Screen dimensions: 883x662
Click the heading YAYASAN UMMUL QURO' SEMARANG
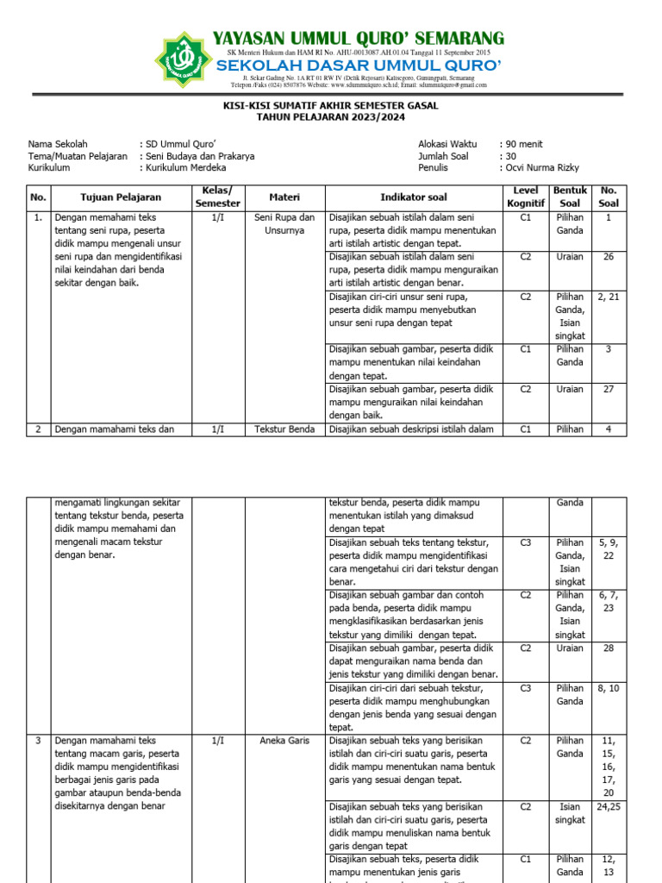[x=359, y=38]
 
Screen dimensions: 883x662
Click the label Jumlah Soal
[x=443, y=156]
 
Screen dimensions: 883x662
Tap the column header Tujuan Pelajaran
[x=121, y=197]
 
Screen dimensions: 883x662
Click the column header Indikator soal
[x=414, y=197]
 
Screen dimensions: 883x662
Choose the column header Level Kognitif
[x=525, y=197]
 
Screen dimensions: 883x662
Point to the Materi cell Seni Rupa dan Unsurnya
[x=284, y=224]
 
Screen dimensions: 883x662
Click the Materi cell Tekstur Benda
[x=284, y=429]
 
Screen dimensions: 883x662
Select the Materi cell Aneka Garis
[x=284, y=740]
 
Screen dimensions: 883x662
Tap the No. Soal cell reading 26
[x=609, y=256]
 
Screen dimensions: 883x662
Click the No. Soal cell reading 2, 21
[x=609, y=297]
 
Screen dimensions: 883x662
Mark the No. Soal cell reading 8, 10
[x=609, y=688]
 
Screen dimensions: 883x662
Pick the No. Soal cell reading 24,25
[x=609, y=807]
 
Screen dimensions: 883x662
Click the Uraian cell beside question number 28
[x=570, y=647]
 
